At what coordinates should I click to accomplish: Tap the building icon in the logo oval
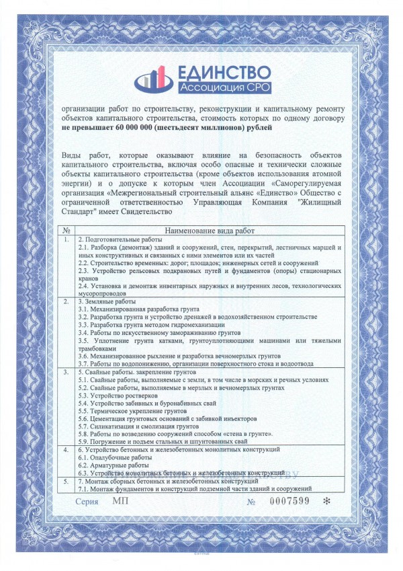point(154,79)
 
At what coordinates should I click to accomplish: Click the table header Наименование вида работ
point(208,230)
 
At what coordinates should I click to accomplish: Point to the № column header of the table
point(66,230)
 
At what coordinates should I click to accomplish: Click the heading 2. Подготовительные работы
point(120,239)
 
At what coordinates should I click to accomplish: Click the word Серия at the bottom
point(87,502)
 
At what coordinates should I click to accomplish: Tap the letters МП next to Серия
point(120,501)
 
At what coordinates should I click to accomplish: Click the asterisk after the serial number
point(327,502)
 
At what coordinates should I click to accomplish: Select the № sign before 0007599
point(251,502)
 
